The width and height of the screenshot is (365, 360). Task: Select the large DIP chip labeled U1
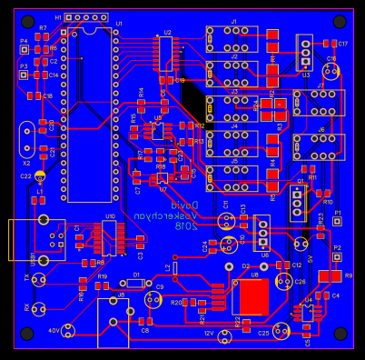coord(90,114)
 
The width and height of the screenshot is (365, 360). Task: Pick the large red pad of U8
coord(252,296)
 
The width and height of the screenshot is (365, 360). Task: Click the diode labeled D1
coord(135,283)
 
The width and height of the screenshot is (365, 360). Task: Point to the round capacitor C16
coord(331,71)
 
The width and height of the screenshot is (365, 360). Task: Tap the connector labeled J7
coord(318,101)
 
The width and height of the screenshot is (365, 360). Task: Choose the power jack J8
coord(113,322)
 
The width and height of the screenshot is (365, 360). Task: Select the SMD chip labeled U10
coord(108,236)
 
